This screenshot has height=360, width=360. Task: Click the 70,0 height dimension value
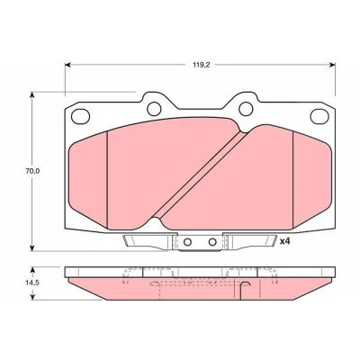(32, 171)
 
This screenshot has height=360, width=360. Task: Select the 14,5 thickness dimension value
(32, 283)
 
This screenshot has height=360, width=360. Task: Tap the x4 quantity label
(284, 241)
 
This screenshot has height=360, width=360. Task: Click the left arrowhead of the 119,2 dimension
(67, 65)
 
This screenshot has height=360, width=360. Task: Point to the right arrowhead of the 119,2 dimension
(332, 65)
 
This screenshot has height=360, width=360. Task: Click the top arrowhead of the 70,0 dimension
(31, 94)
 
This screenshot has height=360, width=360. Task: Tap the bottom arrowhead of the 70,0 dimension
(31, 248)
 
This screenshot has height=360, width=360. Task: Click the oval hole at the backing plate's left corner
(80, 116)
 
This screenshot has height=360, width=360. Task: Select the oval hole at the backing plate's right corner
(319, 116)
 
